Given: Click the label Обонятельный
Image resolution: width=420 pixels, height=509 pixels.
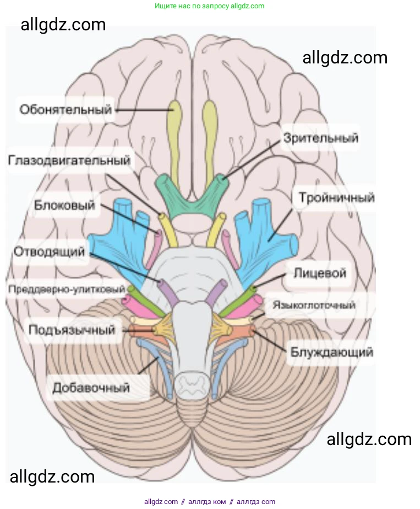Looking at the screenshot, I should click(66, 109).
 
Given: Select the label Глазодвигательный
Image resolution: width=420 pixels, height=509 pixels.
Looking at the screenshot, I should click(69, 160).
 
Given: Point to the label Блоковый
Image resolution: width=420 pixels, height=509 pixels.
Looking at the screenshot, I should click(64, 205).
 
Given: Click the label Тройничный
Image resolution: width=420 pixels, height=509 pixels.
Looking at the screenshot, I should click(336, 197).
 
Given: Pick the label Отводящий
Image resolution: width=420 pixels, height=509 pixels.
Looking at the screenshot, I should click(49, 252).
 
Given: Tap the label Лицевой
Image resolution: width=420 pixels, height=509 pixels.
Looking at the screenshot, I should click(320, 272).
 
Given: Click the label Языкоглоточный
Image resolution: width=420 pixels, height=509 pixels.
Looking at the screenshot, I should click(314, 305).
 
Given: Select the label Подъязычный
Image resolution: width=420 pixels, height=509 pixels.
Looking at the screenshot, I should click(72, 330).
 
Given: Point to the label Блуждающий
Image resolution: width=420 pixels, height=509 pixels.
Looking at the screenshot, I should click(330, 351).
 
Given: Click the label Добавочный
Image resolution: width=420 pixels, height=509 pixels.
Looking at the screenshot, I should click(91, 387).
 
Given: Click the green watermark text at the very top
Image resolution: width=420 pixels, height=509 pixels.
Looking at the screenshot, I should click(209, 6).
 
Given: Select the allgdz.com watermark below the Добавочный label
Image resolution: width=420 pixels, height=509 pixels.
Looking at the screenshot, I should click(52, 476).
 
